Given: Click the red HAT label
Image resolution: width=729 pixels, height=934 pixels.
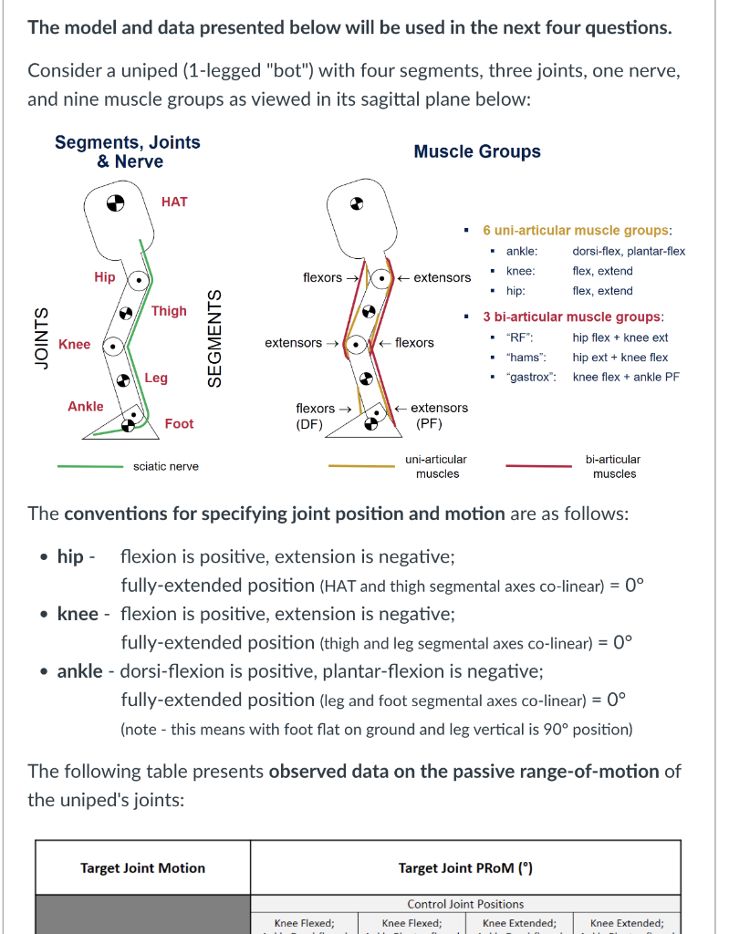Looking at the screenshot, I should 173,201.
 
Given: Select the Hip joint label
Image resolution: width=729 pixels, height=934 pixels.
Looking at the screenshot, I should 105,277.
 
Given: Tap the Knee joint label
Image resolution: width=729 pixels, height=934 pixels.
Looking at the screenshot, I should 75,344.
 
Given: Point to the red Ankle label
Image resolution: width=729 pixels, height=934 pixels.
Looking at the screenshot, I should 86,406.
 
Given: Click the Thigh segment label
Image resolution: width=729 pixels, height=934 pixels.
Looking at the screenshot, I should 169,311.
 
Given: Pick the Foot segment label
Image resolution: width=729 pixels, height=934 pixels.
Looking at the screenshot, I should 179,423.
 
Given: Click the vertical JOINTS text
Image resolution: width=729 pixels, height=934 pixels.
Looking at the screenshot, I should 41,338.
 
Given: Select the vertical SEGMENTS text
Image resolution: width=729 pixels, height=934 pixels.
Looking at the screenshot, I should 215,337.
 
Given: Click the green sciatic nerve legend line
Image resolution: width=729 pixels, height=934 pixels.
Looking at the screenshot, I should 89,466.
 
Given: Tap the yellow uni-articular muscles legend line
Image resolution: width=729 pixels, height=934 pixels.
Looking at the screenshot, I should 361,466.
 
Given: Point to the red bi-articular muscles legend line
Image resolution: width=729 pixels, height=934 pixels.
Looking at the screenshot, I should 538,466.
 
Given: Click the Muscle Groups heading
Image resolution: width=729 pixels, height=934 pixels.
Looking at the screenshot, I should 477,151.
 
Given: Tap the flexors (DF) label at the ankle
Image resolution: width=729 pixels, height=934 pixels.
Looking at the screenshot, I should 317,416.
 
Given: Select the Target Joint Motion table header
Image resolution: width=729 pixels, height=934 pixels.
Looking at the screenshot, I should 143,867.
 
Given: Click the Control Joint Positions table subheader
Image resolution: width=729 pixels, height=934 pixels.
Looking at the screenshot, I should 465,904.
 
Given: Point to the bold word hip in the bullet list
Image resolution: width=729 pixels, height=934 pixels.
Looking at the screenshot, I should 70,556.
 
